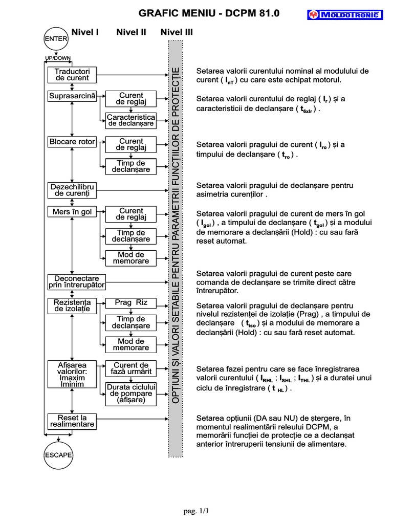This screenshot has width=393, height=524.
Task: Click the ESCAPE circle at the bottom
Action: [x=58, y=454]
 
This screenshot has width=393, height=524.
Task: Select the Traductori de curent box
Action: [x=72, y=75]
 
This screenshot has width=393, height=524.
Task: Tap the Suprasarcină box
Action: [x=72, y=96]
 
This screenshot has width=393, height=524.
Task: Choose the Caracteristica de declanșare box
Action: [x=131, y=120]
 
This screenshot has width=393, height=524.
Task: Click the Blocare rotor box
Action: [x=72, y=141]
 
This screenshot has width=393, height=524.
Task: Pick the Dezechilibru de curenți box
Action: [x=72, y=190]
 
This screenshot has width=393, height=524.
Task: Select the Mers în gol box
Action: [x=72, y=211]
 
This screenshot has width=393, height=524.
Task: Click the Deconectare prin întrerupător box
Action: [x=77, y=281]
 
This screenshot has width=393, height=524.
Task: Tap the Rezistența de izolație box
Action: [x=72, y=306]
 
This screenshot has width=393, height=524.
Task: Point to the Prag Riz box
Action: [x=131, y=302]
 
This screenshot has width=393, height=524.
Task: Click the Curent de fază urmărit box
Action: [x=131, y=368]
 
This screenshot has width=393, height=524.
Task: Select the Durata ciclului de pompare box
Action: [x=131, y=394]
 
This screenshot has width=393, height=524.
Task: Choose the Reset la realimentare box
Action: [x=72, y=421]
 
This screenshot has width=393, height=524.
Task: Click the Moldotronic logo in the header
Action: [x=345, y=15]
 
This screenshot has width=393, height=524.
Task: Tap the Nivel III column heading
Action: [x=177, y=32]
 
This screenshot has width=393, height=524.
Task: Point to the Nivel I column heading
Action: [x=85, y=32]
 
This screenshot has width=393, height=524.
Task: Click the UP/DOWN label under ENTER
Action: [x=58, y=58]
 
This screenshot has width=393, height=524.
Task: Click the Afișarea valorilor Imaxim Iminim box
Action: [x=72, y=374]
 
